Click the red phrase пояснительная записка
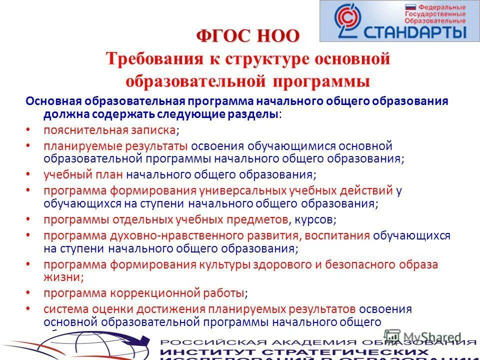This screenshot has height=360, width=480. point(109,130)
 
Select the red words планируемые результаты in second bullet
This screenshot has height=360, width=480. point(115,146)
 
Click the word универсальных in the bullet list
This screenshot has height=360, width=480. point(242,190)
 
